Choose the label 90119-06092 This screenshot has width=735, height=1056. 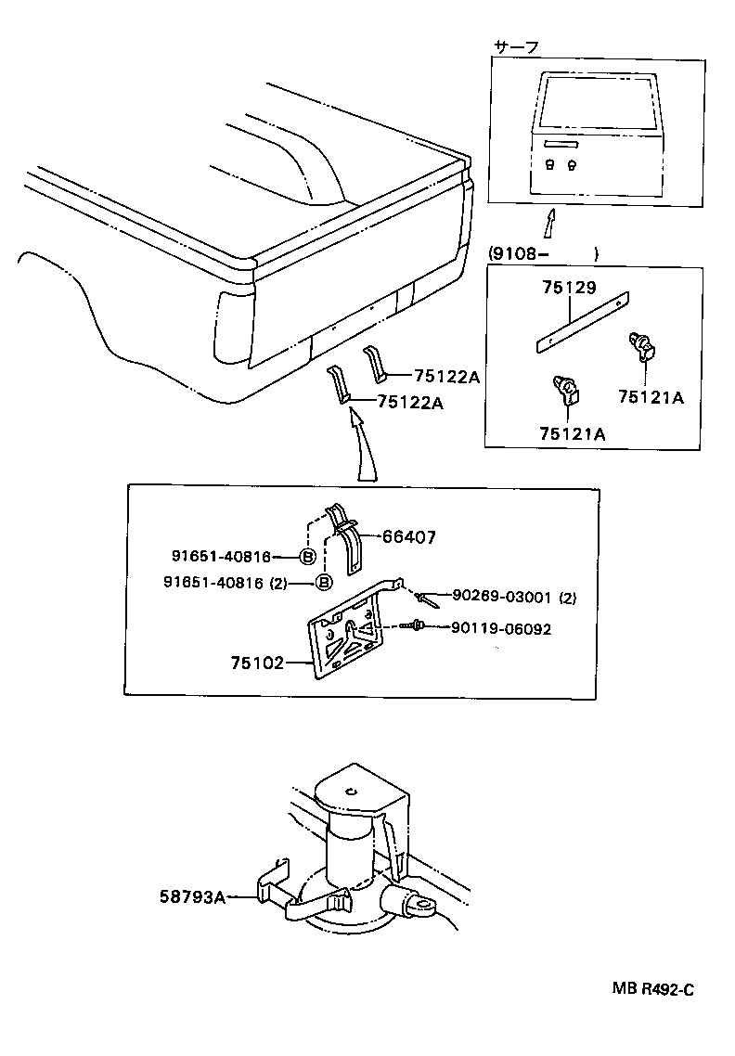501,628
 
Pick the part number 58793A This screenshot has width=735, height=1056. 190,896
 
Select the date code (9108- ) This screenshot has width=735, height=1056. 542,252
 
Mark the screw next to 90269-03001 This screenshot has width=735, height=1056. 426,599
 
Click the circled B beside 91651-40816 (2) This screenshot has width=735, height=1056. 324,582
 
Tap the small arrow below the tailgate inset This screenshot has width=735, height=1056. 550,224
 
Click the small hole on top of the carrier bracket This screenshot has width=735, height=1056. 352,791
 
